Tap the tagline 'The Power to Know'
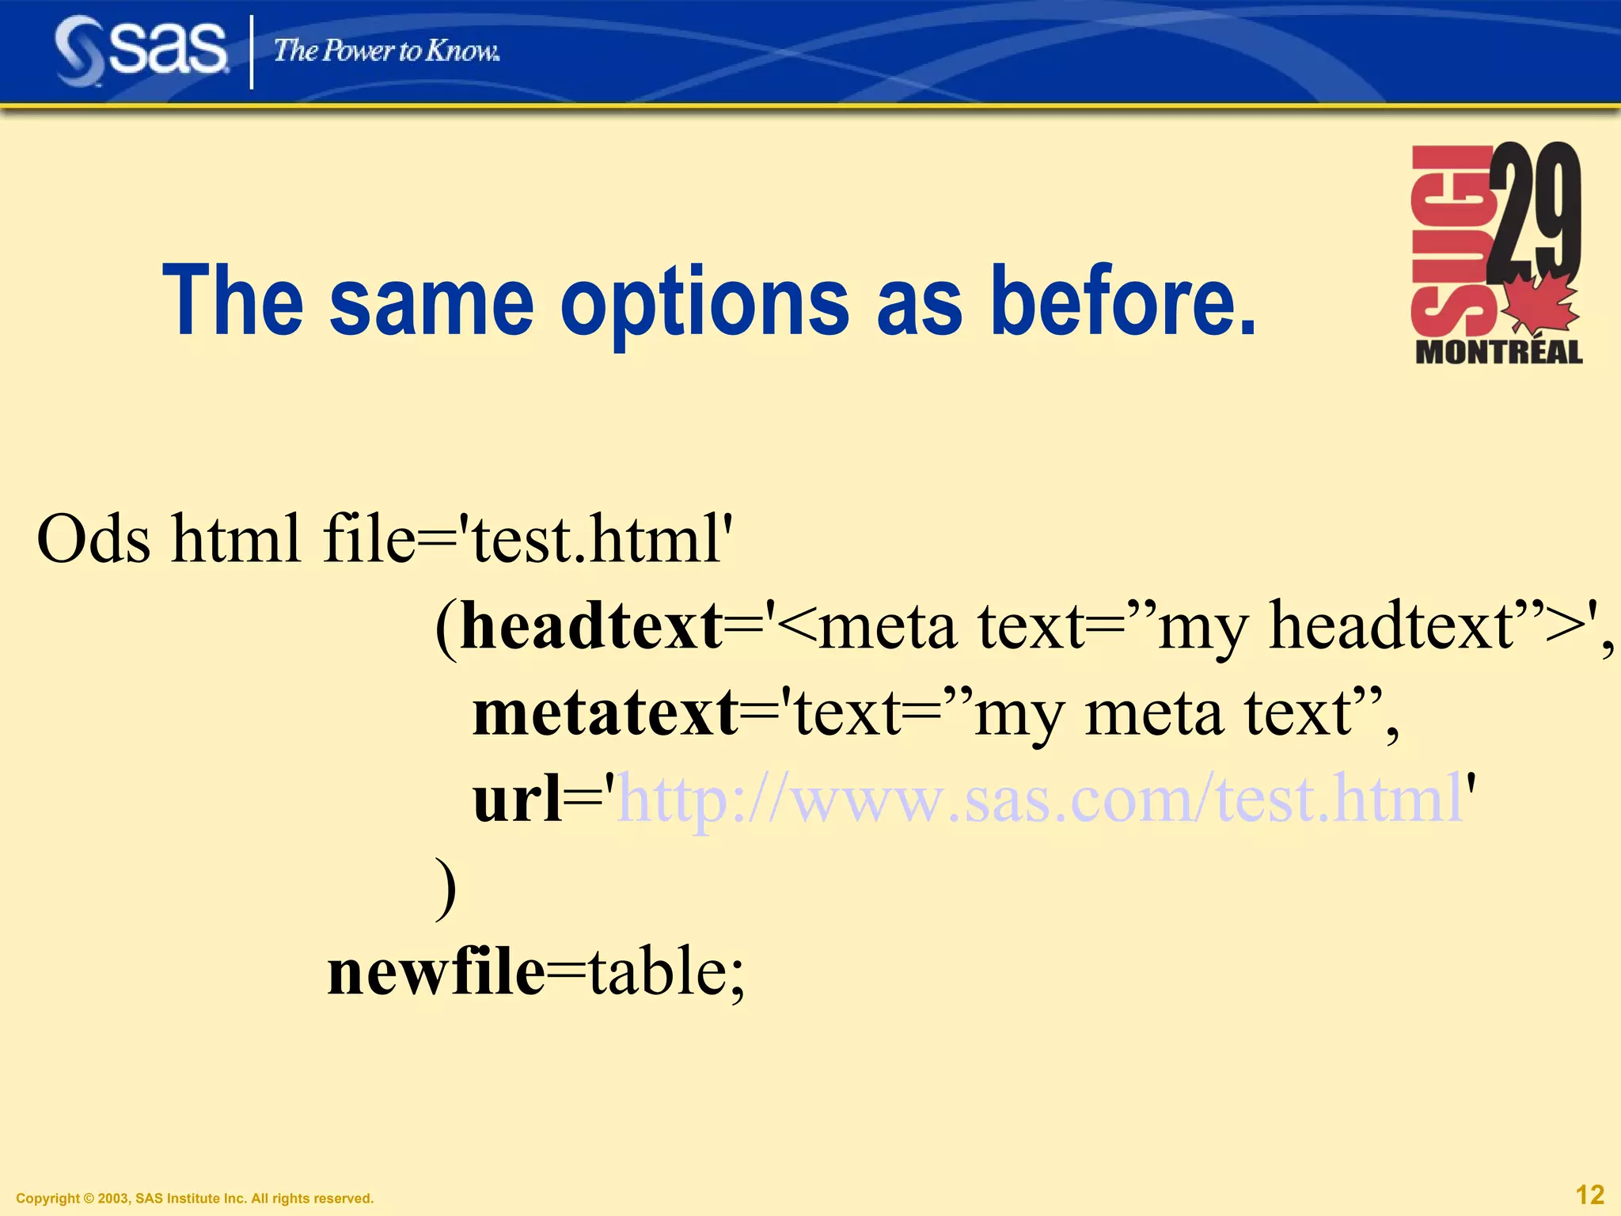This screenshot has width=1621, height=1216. coord(386,51)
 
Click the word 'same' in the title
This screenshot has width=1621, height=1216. coord(431,301)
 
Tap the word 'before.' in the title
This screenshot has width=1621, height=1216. coord(1124,301)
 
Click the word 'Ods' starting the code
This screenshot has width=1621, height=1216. coord(93,538)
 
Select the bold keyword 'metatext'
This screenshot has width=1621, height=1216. coord(606,712)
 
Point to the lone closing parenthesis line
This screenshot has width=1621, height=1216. coord(446,887)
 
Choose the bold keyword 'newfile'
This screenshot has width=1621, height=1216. coord(436,972)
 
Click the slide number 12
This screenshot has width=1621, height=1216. coord(1589,1195)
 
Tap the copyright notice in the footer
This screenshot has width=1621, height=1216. coord(195,1199)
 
